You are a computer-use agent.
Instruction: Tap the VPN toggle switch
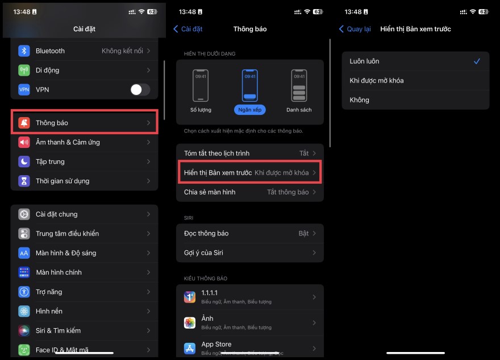(x=140, y=89)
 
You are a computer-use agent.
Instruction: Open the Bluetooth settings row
(x=84, y=51)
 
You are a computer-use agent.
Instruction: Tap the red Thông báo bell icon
(x=24, y=123)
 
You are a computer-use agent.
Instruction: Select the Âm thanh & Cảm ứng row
(x=84, y=142)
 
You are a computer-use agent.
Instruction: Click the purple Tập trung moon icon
(x=24, y=162)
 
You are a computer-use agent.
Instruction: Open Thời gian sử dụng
(x=84, y=181)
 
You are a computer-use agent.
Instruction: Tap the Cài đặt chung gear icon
(x=24, y=214)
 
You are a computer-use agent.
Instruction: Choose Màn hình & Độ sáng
(x=84, y=253)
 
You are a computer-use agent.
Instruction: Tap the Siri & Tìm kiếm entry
(x=84, y=330)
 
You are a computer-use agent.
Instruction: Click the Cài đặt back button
(x=188, y=29)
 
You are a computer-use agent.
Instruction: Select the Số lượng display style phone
(x=201, y=85)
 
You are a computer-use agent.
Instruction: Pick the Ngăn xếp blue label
(x=249, y=110)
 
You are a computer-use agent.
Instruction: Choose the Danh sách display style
(x=299, y=85)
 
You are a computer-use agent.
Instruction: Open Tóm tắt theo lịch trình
(x=249, y=154)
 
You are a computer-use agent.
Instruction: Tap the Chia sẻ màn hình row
(x=249, y=192)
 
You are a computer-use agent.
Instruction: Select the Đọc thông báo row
(x=249, y=234)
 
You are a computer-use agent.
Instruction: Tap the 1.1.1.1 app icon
(x=190, y=297)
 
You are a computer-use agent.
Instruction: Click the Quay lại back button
(x=356, y=29)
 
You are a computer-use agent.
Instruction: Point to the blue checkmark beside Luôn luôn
(x=477, y=61)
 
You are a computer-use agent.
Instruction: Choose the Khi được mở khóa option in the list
(x=415, y=81)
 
